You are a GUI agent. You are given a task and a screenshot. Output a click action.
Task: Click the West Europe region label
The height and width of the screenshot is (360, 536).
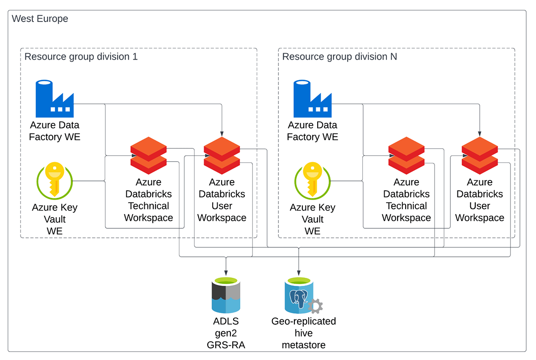click(x=40, y=19)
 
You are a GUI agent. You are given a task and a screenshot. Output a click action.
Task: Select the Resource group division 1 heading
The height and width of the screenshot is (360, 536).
click(x=81, y=57)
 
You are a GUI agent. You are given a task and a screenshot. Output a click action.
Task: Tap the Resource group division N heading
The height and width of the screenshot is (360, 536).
click(x=339, y=57)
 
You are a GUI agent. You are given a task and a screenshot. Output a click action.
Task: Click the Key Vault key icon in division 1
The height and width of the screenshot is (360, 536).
click(x=54, y=180)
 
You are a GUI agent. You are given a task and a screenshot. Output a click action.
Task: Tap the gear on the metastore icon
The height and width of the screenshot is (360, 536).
click(x=315, y=306)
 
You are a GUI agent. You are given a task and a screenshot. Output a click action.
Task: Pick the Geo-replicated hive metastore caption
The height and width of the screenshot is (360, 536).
click(x=304, y=333)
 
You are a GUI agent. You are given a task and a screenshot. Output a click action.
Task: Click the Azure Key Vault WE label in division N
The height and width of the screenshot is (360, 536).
click(x=312, y=219)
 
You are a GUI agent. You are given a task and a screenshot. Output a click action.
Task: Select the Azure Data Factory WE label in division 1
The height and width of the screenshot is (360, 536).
click(x=54, y=131)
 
